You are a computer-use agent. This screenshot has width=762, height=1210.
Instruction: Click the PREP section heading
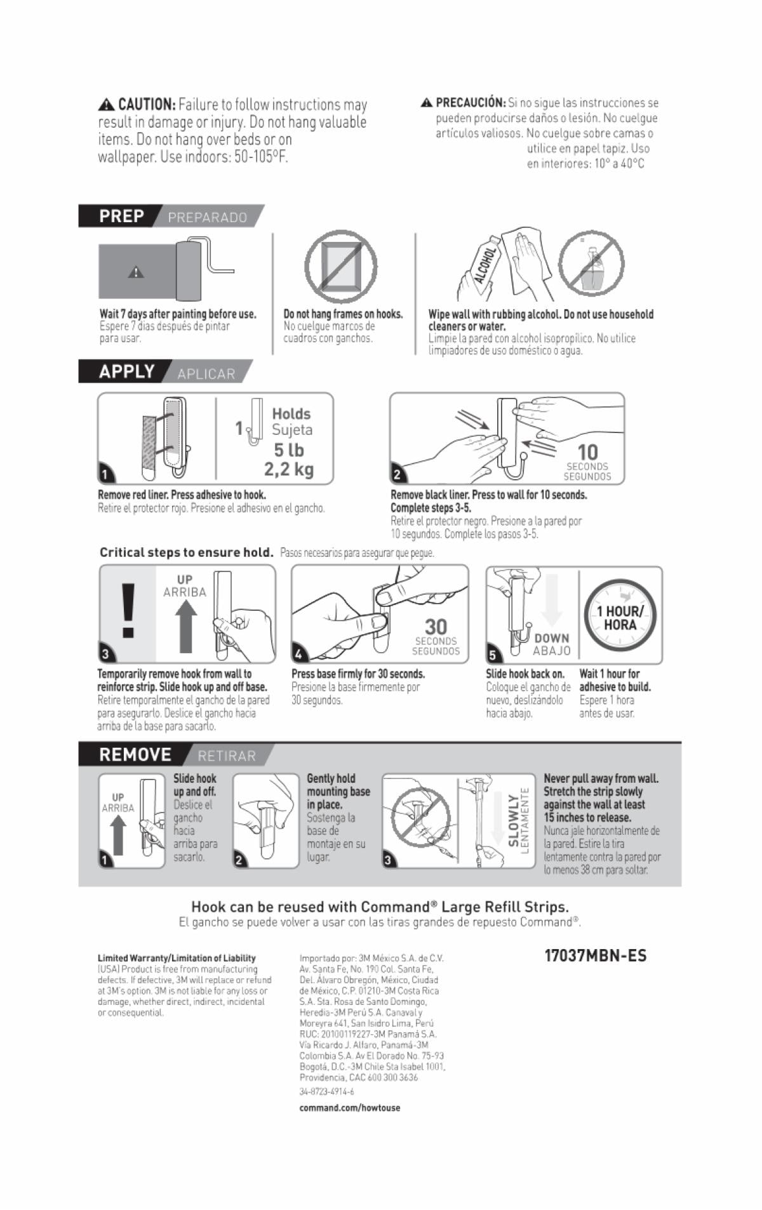click(121, 216)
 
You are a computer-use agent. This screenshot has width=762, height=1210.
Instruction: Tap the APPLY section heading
click(126, 371)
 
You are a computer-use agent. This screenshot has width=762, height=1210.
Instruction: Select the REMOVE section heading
click(135, 755)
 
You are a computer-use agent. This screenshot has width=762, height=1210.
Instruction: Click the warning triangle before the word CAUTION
click(106, 105)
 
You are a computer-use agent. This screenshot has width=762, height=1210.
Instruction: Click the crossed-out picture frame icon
click(340, 267)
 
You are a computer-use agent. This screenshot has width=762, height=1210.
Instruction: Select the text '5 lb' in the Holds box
click(289, 450)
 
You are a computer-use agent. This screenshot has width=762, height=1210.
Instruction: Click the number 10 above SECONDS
click(587, 452)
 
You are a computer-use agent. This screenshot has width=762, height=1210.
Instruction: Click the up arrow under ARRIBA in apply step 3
click(185, 626)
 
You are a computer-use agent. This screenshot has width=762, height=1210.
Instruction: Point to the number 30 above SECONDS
click(436, 627)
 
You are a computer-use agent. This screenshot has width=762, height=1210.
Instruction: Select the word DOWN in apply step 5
click(552, 638)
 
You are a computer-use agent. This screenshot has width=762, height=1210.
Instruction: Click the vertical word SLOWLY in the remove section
click(514, 820)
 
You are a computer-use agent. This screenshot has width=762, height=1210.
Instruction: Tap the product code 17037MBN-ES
click(596, 956)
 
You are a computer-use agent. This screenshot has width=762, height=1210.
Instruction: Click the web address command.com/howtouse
click(350, 1108)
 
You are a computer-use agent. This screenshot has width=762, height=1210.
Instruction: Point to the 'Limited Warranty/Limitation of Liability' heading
click(177, 958)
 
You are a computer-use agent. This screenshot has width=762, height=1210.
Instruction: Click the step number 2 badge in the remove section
click(239, 861)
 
